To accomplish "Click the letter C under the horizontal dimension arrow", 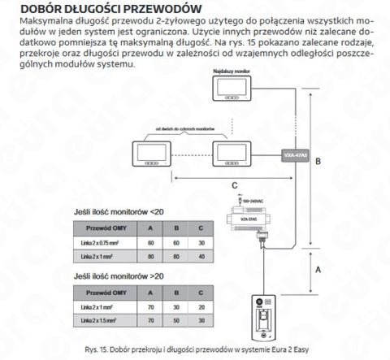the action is (235, 184).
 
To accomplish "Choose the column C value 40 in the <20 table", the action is (201, 257).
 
